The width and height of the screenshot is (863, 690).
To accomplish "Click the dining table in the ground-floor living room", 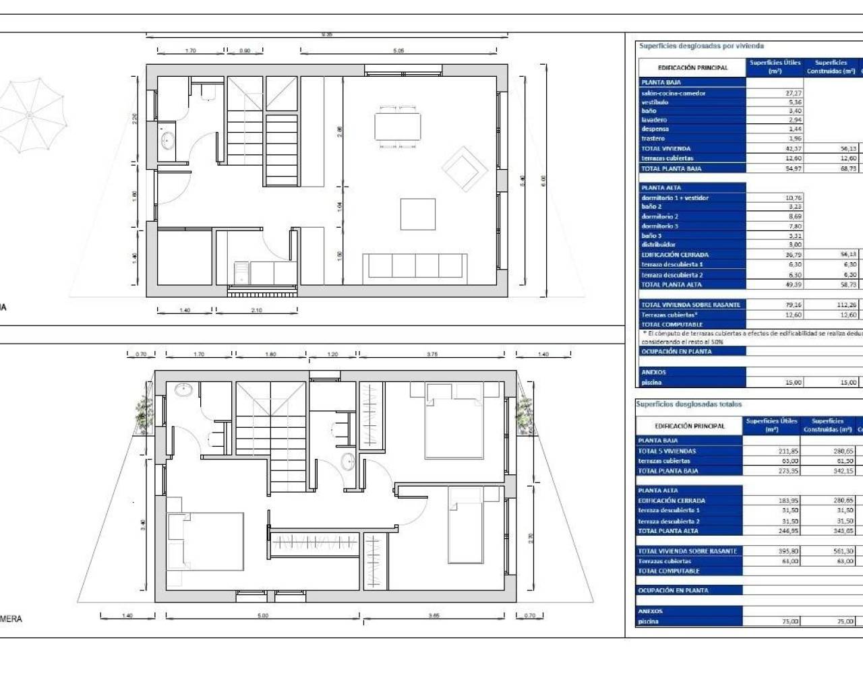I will click(x=398, y=127).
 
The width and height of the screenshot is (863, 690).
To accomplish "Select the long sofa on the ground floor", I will click(x=415, y=268).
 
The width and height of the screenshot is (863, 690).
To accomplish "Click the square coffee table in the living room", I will click(x=418, y=214).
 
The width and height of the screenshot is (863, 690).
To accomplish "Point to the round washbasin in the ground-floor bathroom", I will click(x=167, y=142).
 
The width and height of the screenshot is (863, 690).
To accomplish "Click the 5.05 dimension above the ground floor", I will click(x=398, y=51).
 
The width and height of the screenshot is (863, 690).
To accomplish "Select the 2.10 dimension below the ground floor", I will click(x=256, y=311).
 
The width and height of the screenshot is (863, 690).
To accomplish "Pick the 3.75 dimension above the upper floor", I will click(x=431, y=354).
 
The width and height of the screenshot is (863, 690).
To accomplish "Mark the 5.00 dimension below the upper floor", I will click(x=263, y=616).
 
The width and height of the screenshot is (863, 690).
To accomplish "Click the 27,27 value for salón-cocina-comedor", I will click(x=794, y=94).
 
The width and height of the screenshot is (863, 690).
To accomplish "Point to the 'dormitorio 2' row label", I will click(x=659, y=217).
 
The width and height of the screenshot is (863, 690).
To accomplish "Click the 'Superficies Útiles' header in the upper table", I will click(x=775, y=67).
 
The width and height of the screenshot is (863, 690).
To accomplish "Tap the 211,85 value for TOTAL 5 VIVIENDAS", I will click(x=789, y=451).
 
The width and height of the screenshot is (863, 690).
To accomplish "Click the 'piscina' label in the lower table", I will click(x=648, y=621).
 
